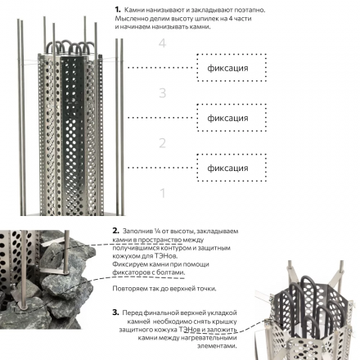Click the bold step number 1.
[118, 10]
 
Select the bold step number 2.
[116, 231]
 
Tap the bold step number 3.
[115, 313]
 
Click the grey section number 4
[162, 43]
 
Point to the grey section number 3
[162, 93]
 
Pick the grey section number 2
[162, 143]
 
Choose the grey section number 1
[163, 193]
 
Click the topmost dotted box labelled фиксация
[232, 67]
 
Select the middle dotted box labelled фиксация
[232, 118]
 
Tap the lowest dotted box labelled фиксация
[232, 168]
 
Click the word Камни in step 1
[134, 10]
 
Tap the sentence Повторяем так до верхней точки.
[164, 289]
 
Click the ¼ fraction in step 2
[157, 232]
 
